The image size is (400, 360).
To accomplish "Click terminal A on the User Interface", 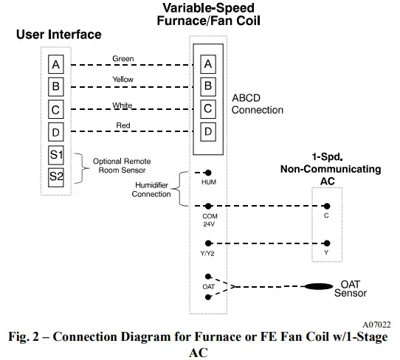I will point(56,64).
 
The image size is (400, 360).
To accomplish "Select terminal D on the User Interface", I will point(56,132).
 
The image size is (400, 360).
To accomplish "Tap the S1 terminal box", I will point(56,155).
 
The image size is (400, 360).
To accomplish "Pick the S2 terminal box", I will point(56,176).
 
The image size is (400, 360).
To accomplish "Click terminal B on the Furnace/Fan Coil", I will point(208,86).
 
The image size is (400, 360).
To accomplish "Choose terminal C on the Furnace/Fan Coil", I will point(208,109).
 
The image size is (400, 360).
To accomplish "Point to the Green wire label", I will point(123,58).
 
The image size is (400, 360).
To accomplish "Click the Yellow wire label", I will point(123,80).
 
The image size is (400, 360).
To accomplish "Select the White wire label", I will point(123,105).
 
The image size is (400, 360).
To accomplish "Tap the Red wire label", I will point(123,126).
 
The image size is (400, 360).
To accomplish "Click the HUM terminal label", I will point(208,180).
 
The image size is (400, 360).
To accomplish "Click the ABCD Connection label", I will point(257,104).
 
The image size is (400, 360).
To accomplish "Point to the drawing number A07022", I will point(377,324).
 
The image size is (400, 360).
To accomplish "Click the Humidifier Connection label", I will point(151,190).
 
